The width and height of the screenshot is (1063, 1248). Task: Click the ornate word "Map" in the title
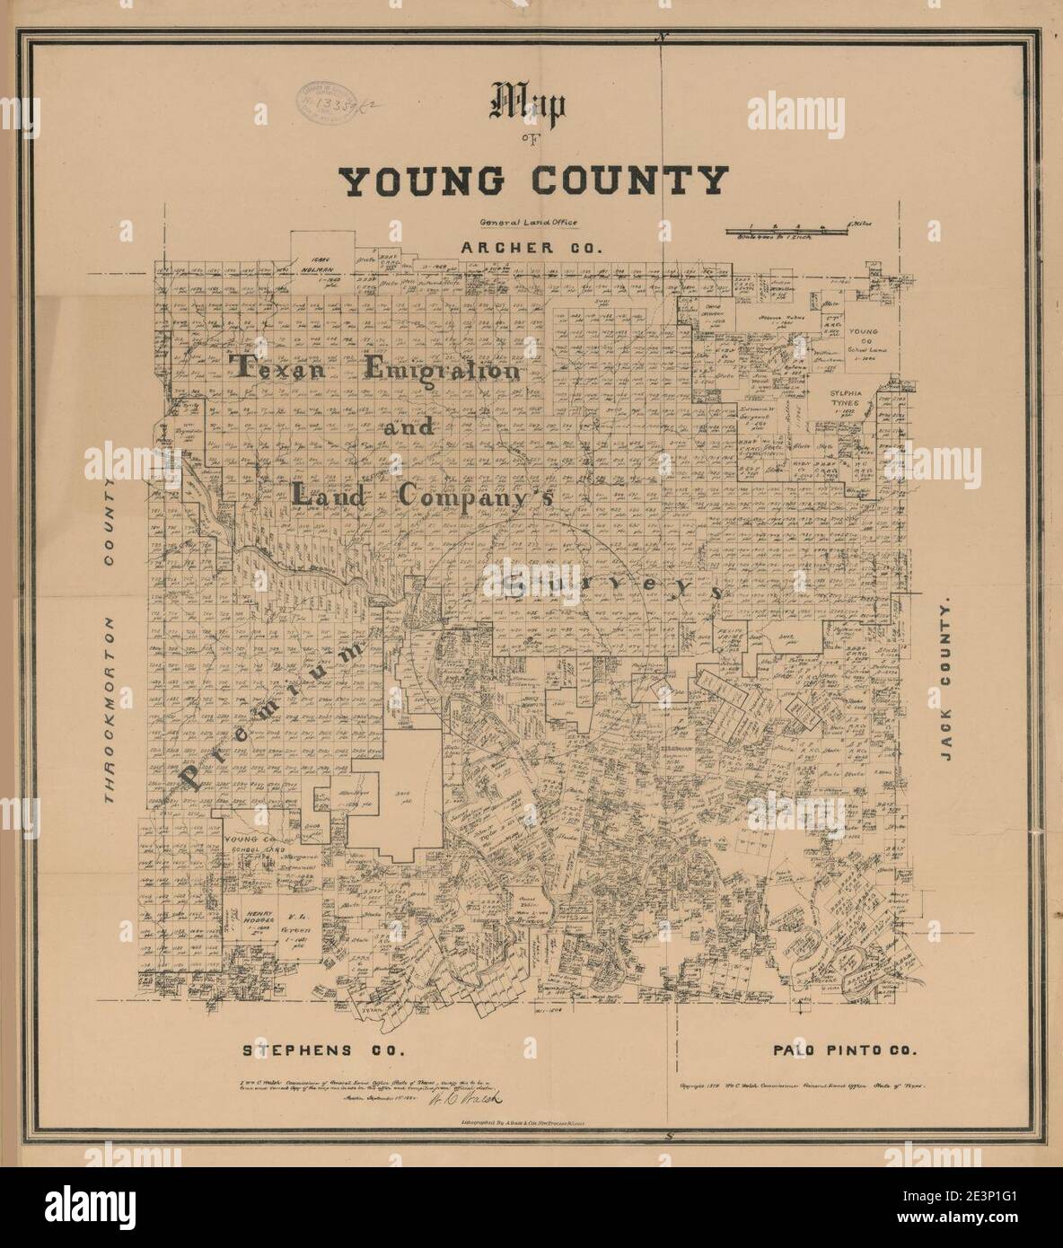pos(526,106)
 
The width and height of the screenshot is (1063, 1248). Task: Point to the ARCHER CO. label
pos(529,245)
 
